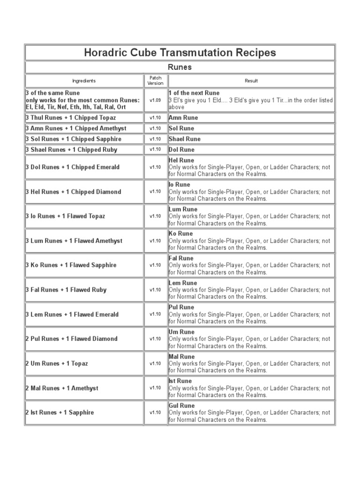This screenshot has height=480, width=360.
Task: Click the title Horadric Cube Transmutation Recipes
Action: [x=180, y=52]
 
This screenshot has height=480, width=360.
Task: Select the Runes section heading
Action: [x=180, y=67]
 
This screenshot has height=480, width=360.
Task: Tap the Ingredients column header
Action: [x=84, y=81]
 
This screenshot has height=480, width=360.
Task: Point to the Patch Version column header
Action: [x=155, y=81]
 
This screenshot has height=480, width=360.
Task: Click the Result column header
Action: [x=251, y=81]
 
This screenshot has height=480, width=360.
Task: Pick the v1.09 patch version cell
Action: [x=155, y=100]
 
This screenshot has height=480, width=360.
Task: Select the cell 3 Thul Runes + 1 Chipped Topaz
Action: [x=71, y=118]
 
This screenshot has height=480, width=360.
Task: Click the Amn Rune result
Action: [x=183, y=118]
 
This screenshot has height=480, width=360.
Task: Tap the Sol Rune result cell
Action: [x=181, y=128]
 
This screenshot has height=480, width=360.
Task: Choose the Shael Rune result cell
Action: [x=184, y=139]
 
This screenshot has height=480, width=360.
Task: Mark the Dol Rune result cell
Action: [x=181, y=150]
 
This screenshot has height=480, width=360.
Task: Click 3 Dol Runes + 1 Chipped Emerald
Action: [x=73, y=167]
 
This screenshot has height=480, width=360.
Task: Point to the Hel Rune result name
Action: [x=181, y=160]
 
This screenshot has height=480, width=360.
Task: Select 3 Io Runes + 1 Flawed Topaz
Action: [x=65, y=216]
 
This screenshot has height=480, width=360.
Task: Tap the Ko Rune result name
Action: [x=180, y=233]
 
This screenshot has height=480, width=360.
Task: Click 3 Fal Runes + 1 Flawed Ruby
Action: [x=66, y=290]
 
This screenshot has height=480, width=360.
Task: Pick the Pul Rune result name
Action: [x=181, y=307]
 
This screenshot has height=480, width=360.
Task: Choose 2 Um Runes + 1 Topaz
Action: [x=57, y=363]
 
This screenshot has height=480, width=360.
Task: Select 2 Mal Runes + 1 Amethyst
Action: [x=62, y=388]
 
